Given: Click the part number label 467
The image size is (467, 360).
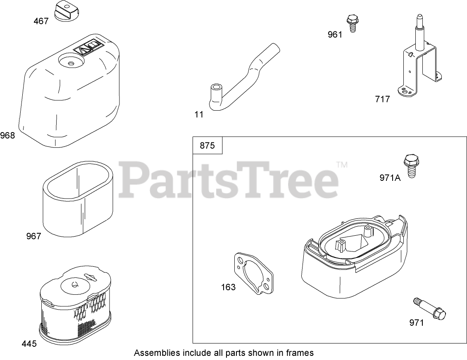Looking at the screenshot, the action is coord(41,21).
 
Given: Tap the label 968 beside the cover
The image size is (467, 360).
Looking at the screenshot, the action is coord(7,135).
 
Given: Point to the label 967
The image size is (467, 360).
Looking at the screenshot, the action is coord(33,236).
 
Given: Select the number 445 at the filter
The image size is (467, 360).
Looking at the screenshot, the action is coord(29,343).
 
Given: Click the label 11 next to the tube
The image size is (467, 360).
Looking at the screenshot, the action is coord(199,114).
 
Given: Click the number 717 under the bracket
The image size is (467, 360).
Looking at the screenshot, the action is coord(382,99).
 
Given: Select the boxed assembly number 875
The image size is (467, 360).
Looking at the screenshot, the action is coord(207,146).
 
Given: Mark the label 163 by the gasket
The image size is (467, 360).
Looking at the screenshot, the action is coord(228,287).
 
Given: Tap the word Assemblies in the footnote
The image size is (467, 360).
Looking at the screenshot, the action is coord(157,353).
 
